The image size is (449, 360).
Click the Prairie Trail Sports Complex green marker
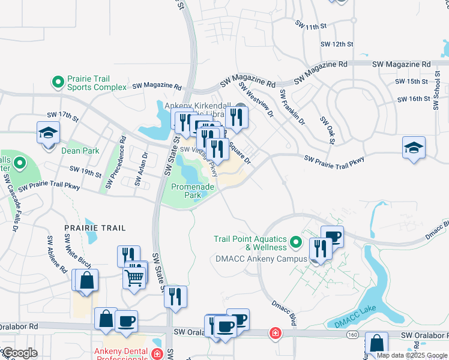58,81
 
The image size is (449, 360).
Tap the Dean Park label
80,151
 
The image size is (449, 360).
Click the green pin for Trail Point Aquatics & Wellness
295,242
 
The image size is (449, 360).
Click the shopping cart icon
134,277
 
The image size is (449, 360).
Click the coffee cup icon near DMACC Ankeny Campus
332,235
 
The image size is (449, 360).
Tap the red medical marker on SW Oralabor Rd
275,332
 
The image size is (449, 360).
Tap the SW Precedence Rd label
116,162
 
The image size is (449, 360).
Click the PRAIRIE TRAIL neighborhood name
95,229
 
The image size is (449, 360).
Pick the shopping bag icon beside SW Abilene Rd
85,280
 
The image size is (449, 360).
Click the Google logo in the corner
20,353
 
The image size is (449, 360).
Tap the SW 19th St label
86,173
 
